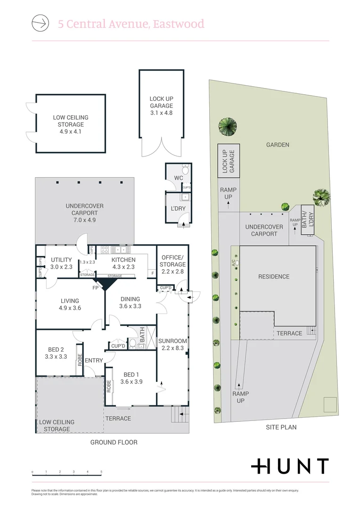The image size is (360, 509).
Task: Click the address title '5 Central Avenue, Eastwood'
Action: pyautogui.click(x=131, y=24)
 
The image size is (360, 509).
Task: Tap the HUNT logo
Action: pyautogui.click(x=289, y=466)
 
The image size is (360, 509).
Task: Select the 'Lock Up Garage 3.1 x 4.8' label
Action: pyautogui.click(x=161, y=106)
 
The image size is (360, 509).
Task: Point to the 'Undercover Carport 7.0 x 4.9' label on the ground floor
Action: pyautogui.click(x=84, y=213)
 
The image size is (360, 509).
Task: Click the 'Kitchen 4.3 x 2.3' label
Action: pyautogui.click(x=123, y=263)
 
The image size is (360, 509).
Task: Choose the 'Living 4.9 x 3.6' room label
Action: pyautogui.click(x=70, y=304)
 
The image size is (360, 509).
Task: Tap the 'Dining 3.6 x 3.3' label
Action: pyautogui.click(x=130, y=303)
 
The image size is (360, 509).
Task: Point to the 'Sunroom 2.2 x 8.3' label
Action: pyautogui.click(x=172, y=345)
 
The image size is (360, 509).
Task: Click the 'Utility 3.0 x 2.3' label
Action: pyautogui.click(x=61, y=263)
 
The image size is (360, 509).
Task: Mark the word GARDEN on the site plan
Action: pyautogui.click(x=277, y=145)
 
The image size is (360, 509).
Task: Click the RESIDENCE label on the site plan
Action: pyautogui.click(x=273, y=277)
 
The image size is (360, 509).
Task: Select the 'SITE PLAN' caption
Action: pyautogui.click(x=281, y=427)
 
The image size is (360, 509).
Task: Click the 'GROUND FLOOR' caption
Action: pyautogui.click(x=114, y=443)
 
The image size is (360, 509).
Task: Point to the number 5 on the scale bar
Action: pyautogui.click(x=101, y=472)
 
